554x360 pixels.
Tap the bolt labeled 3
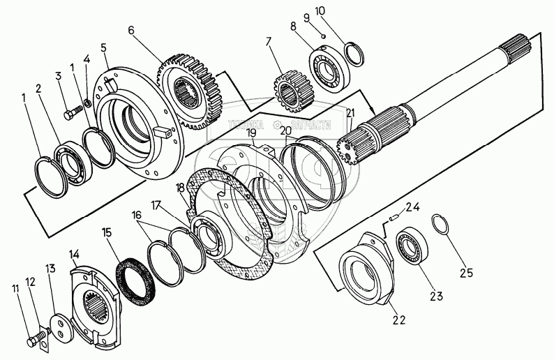pyautogui.click(x=70, y=110)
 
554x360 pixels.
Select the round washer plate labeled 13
pyautogui.click(x=62, y=328)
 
